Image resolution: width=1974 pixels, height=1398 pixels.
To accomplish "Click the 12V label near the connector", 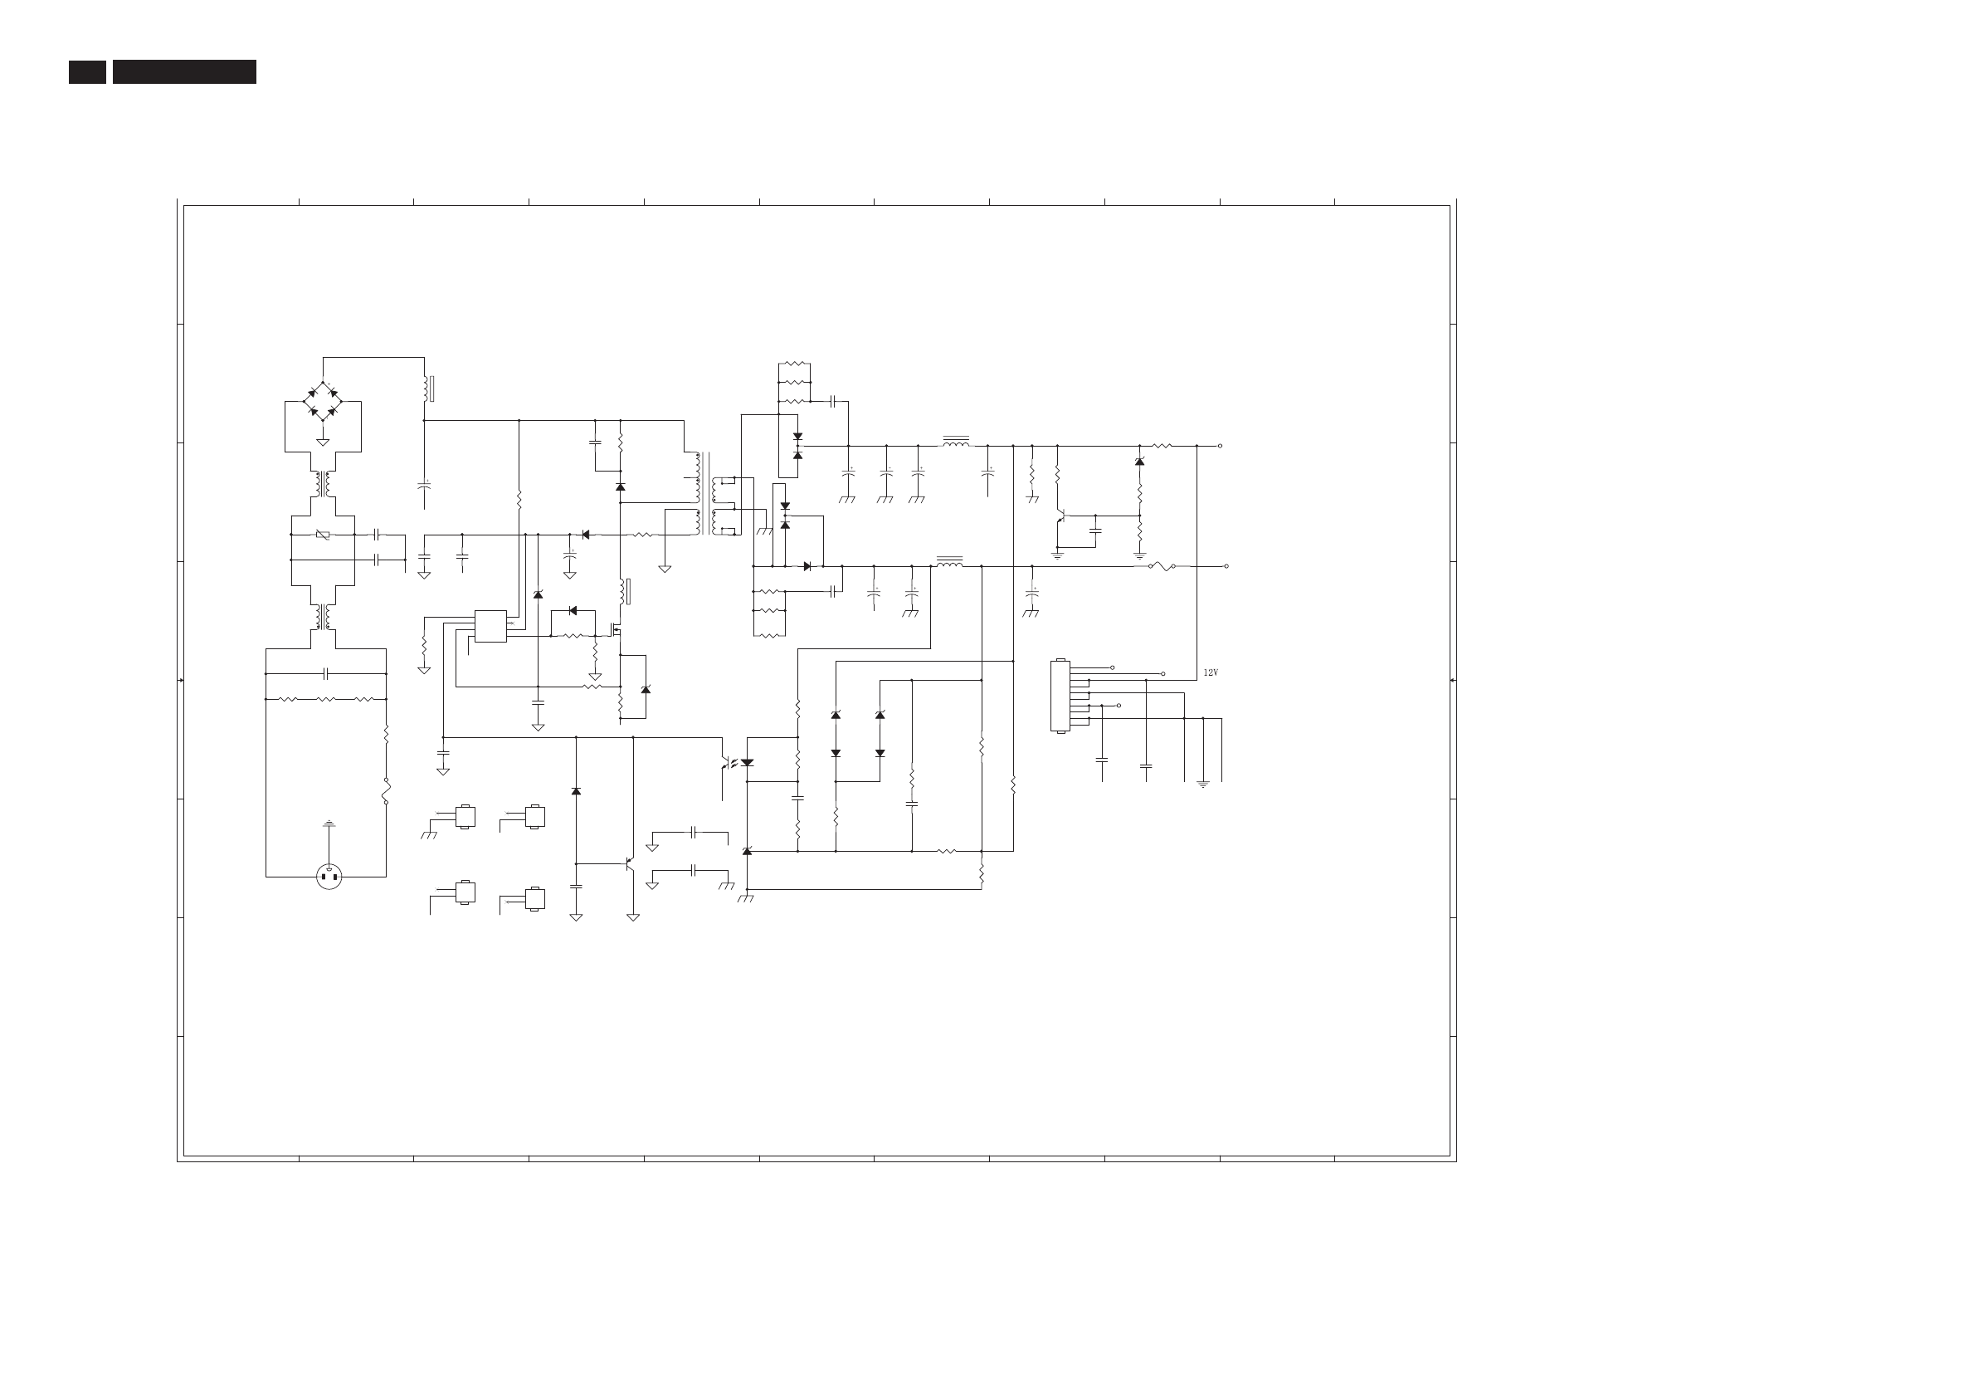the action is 1210,672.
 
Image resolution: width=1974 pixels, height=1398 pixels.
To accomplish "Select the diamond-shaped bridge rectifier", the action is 323,401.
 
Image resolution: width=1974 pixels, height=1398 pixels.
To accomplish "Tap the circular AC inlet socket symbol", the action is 329,877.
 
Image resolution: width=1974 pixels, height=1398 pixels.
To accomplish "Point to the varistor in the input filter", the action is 323,535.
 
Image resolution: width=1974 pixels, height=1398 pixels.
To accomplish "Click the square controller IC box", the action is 490,626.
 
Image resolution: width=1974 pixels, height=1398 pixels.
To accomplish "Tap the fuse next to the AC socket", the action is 386,790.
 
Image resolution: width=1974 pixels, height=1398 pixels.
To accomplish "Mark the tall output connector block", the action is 1060,696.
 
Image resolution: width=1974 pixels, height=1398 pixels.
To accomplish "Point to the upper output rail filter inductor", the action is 955,443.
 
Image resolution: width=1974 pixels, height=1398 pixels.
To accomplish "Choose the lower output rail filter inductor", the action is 948,563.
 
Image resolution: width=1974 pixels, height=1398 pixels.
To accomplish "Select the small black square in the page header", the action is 87,71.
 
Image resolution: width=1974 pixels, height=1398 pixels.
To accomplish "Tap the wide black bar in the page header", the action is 184,71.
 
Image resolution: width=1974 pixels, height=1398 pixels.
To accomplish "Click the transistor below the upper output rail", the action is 1061,516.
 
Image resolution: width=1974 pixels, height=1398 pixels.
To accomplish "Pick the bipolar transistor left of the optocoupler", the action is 630,863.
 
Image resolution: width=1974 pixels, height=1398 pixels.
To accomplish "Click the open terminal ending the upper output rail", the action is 1221,446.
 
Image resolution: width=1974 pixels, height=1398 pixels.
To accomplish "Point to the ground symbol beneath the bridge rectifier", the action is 323,442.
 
